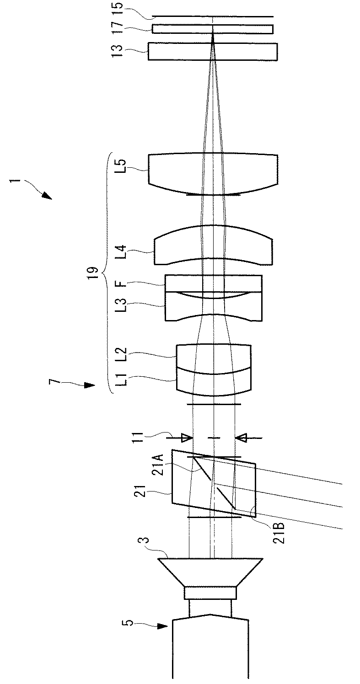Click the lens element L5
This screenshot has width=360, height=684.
tap(213, 174)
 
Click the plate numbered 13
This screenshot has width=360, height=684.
tap(213, 51)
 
